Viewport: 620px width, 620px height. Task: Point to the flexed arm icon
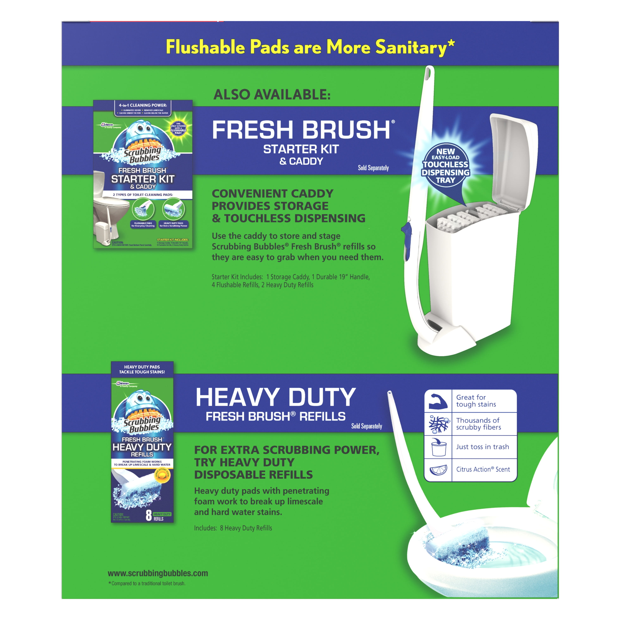(x=438, y=401)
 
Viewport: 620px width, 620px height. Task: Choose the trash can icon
(x=438, y=447)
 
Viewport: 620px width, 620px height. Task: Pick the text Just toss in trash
(x=482, y=447)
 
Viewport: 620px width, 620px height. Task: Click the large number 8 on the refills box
(x=149, y=515)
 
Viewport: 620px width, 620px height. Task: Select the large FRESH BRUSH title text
(x=301, y=130)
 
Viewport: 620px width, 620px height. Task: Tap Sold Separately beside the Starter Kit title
(x=373, y=168)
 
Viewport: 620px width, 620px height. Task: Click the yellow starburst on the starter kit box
(x=178, y=128)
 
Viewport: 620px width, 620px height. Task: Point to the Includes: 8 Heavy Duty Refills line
(x=233, y=528)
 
